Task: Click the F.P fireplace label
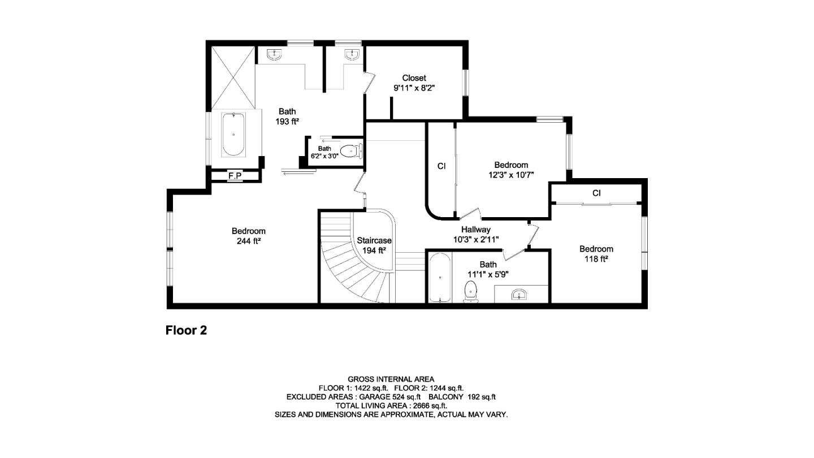pos(235,176)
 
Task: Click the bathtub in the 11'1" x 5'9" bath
pos(439,278)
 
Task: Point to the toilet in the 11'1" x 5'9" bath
pos(470,293)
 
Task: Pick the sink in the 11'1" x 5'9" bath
pos(519,294)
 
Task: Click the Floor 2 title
pos(186,330)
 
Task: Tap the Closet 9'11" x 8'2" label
pos(414,83)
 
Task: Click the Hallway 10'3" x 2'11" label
pos(475,234)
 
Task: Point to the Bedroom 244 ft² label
pos(248,236)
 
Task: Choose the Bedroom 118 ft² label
pos(596,254)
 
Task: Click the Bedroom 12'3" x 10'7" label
pos(511,170)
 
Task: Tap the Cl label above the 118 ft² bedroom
pos(596,193)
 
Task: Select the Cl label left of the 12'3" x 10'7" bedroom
pos(441,166)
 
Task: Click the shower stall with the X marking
pos(233,78)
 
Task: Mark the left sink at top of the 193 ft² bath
pos(275,55)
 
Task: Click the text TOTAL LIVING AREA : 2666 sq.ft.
pos(391,405)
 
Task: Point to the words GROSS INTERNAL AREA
pos(391,379)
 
